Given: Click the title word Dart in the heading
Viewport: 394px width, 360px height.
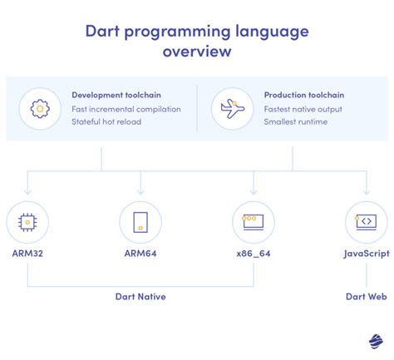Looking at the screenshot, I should pos(106,32).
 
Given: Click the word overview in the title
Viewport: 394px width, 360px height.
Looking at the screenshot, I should pos(197,52).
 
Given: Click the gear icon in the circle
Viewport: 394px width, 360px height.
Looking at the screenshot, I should pos(41,108).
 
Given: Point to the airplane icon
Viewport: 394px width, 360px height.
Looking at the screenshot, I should pos(232,108).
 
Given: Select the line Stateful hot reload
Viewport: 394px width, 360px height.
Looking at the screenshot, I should pos(106,122).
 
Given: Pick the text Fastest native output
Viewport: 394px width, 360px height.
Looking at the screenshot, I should pos(302,109).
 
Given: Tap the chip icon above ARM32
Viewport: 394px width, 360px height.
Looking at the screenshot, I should pos(27,222).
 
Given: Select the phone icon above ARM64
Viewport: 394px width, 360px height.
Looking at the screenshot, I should pos(140,222).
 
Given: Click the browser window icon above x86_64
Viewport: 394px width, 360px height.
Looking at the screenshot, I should pos(254,222).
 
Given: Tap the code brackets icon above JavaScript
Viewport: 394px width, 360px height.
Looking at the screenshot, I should pos(366,222).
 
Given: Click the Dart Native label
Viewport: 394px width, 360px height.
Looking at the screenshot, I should pos(140,294).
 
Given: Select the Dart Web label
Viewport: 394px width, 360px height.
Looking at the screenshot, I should pos(366,294).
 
